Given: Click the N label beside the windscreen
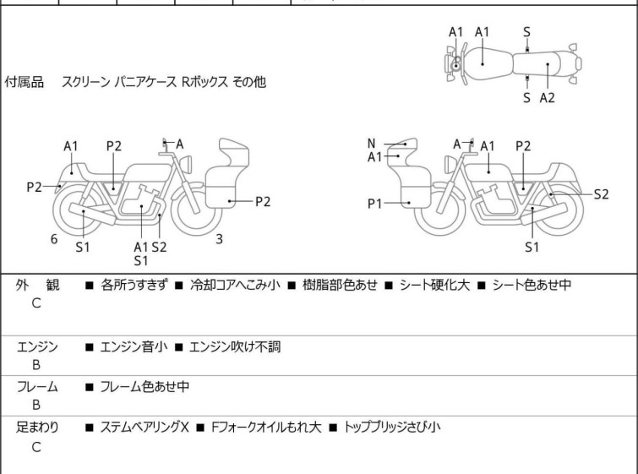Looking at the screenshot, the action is point(371,144).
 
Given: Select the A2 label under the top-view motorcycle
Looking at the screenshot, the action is point(548,98).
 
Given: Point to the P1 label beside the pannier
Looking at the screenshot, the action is point(374,204).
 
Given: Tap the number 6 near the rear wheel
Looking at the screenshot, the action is point(54,239).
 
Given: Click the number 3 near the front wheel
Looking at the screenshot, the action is point(219,239).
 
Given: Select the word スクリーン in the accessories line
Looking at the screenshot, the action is point(85,82).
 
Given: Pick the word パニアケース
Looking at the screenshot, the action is point(145,82).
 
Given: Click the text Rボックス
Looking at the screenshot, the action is point(204,82).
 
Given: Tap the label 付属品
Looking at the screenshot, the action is point(24,82).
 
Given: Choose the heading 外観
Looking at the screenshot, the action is point(37,285).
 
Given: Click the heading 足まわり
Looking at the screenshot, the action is point(37,428).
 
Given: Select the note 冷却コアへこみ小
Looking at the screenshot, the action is point(235,285).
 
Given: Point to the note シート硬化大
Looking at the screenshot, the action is point(434,285).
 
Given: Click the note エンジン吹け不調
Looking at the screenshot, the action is point(235,347).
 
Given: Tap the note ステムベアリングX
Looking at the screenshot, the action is point(145,428).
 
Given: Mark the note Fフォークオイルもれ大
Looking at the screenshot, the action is point(266,428).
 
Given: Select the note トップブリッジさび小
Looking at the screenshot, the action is point(392,428).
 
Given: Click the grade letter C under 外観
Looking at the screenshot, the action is point(36,303).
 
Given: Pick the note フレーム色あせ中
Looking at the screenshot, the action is point(145,386).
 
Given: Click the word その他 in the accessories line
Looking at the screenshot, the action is point(249,82).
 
